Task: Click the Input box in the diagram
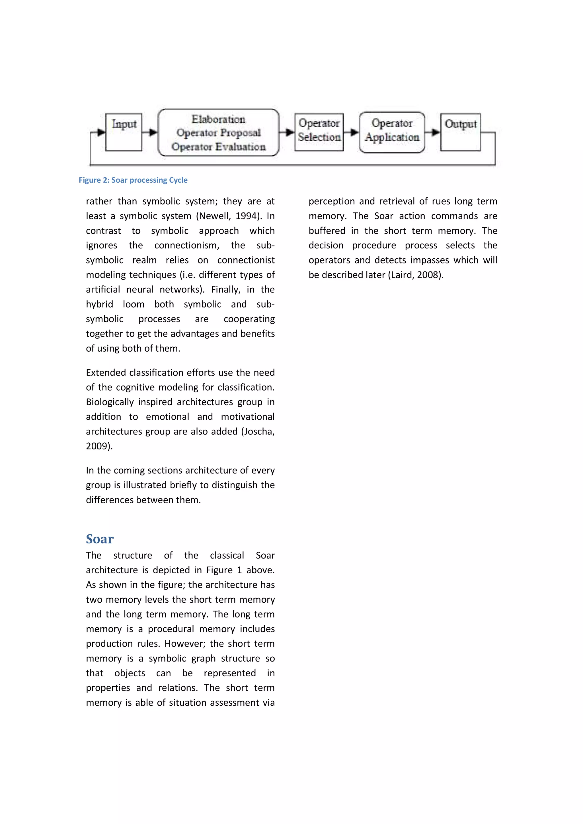124,132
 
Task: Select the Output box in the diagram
460,132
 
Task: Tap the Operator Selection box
319,132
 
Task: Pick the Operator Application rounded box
392,132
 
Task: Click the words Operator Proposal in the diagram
218,133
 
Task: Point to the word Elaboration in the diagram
218,119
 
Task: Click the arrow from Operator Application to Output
433,132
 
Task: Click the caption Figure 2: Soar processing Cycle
133,180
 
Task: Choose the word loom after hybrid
134,304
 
